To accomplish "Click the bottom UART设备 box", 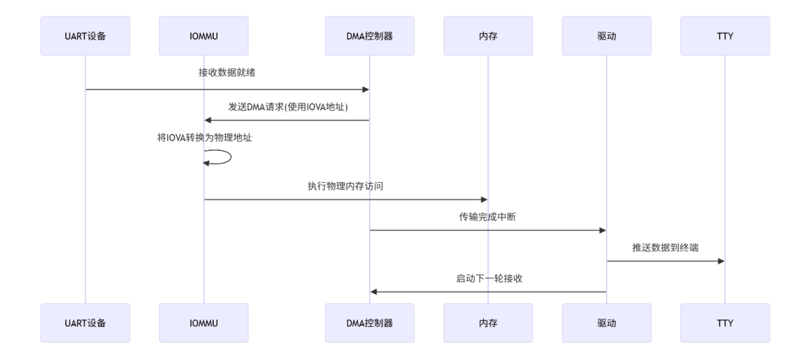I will [85, 322].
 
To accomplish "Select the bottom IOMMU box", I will [204, 322].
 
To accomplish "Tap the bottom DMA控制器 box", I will [369, 322].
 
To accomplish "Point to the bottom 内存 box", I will [487, 322].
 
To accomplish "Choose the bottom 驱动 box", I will [606, 322].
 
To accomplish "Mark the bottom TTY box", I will [725, 322].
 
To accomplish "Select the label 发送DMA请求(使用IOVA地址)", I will [288, 106].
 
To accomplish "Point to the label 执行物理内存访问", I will [346, 186].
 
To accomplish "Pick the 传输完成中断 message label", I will [487, 217].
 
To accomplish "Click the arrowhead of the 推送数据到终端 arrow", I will [721, 261].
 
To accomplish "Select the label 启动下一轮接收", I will [489, 278].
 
